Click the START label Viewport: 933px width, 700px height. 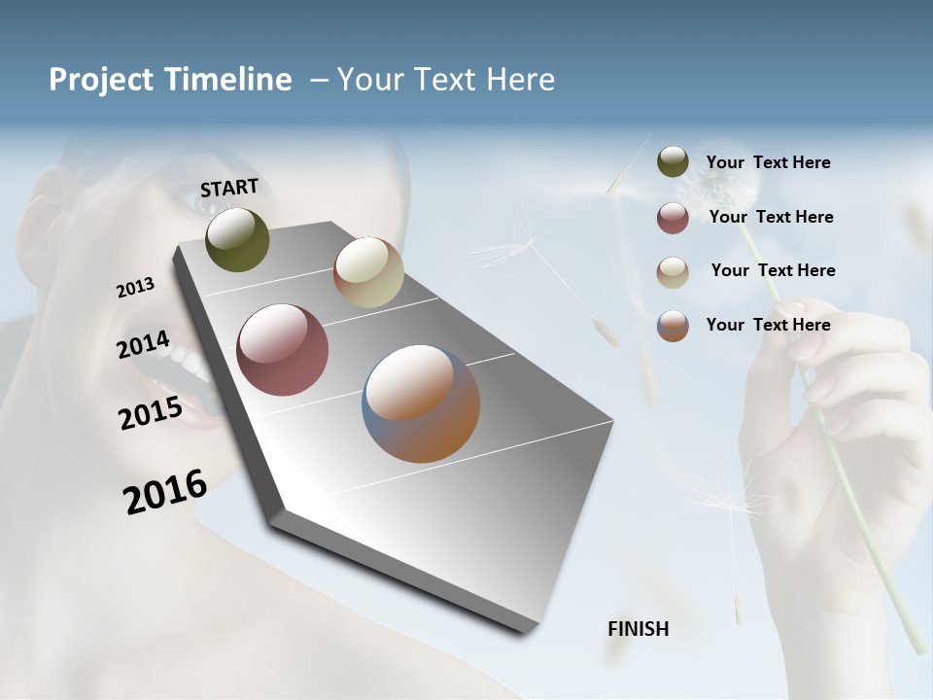(x=229, y=188)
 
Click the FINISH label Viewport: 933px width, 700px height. (x=638, y=629)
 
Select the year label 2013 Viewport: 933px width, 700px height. (x=135, y=288)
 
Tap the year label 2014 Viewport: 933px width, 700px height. (x=143, y=345)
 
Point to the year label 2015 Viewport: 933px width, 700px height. (x=151, y=413)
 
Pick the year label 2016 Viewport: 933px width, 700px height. (x=165, y=491)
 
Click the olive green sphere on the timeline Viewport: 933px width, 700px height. (x=237, y=239)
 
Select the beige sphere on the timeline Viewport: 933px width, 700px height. (x=368, y=272)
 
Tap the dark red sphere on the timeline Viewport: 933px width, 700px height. (x=283, y=350)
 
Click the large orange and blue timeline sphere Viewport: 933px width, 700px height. (x=421, y=403)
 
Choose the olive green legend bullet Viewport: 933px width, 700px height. (x=673, y=162)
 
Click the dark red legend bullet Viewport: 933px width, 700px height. (x=673, y=218)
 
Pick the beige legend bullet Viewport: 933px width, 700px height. (x=673, y=271)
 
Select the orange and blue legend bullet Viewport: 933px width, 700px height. (x=673, y=326)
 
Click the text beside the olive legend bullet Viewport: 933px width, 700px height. (x=768, y=162)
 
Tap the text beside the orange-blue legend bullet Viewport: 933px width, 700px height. (x=768, y=325)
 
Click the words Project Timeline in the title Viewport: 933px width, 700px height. (x=170, y=80)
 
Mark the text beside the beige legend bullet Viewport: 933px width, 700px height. (x=773, y=270)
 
